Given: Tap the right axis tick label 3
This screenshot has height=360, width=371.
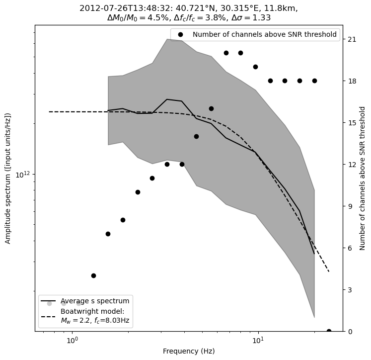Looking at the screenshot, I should click(350, 290).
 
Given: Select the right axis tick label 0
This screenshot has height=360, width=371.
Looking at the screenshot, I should click(350, 332).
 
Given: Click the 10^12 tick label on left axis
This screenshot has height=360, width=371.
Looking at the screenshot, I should click(23, 175).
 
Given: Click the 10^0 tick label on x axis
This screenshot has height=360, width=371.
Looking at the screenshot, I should click(73, 341).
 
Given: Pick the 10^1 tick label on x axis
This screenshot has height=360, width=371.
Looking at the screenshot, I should click(257, 341).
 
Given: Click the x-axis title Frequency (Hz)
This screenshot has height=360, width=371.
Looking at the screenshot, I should click(189, 352).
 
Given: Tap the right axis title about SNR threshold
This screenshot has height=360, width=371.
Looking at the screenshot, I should click(363, 178).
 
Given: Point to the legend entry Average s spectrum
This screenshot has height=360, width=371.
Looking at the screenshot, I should click(95, 301).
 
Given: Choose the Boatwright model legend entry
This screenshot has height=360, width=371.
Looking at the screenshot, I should click(95, 316).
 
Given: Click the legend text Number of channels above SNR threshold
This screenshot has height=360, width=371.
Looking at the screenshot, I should click(264, 35).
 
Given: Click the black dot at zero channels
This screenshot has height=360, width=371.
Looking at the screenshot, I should click(329, 331).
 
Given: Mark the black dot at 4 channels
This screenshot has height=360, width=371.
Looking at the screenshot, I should click(93, 275).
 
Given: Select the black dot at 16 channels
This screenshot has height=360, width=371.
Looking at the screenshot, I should click(211, 108).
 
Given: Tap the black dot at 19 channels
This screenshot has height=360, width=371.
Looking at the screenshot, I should click(255, 67).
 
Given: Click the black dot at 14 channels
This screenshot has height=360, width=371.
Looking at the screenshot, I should click(196, 136).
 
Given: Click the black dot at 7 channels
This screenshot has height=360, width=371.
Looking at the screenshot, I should click(108, 234).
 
